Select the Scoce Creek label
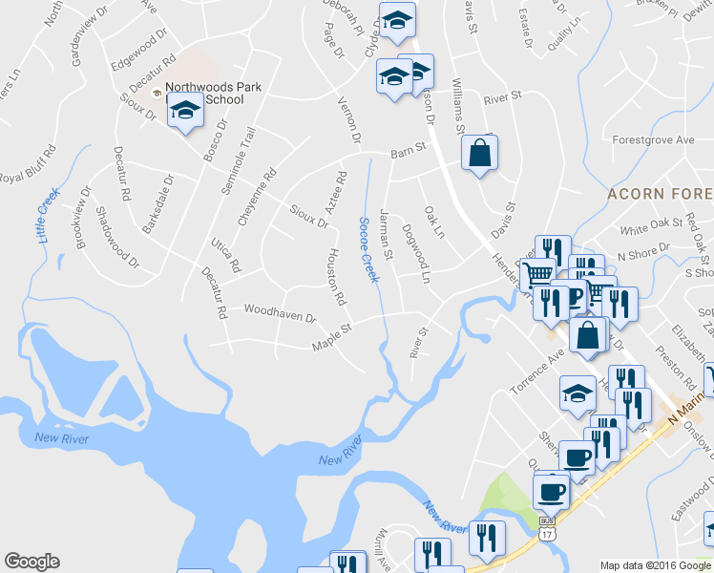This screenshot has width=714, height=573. pos(367,249)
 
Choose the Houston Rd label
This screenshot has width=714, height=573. pos(335,277)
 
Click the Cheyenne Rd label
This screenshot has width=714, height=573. pos(257,197)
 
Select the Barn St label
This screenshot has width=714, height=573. pos(407,153)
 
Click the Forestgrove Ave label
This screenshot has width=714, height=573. pos(654,139)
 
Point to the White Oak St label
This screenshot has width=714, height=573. pos(647,230)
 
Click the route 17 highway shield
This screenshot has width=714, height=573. pos(546,535)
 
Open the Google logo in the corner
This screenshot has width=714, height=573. pos(31,562)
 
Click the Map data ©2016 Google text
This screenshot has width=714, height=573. pos(655,564)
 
